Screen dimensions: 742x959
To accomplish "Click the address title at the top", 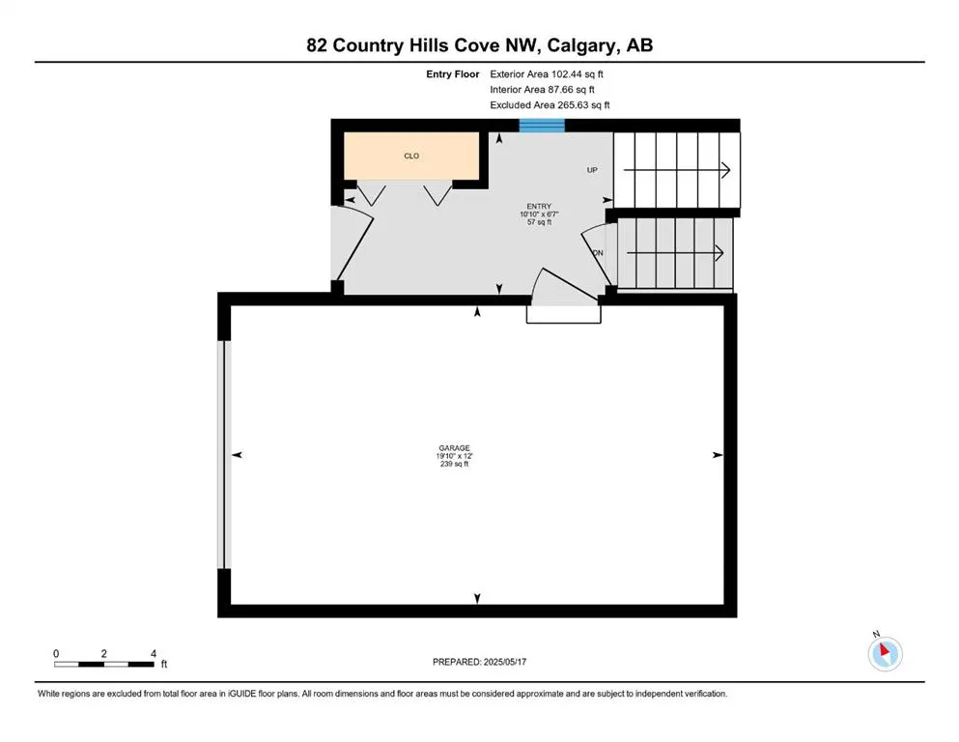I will pyautogui.click(x=480, y=45).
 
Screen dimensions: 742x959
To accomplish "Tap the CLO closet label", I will pyautogui.click(x=411, y=156).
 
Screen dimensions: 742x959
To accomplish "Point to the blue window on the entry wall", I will pyautogui.click(x=542, y=125).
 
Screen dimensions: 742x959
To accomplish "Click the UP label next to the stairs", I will pyautogui.click(x=592, y=170).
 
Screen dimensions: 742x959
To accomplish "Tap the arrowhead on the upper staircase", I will pyautogui.click(x=725, y=170).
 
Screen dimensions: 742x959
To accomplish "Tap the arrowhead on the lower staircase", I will pyautogui.click(x=719, y=253).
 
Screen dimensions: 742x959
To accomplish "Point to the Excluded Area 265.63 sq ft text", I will pyautogui.click(x=550, y=104).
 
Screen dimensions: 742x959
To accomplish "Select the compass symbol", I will pyautogui.click(x=885, y=653).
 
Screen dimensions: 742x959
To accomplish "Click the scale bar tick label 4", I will pyautogui.click(x=153, y=653).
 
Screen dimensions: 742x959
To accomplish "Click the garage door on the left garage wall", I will pyautogui.click(x=224, y=454).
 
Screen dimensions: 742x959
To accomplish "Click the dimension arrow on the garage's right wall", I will pyautogui.click(x=717, y=454).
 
